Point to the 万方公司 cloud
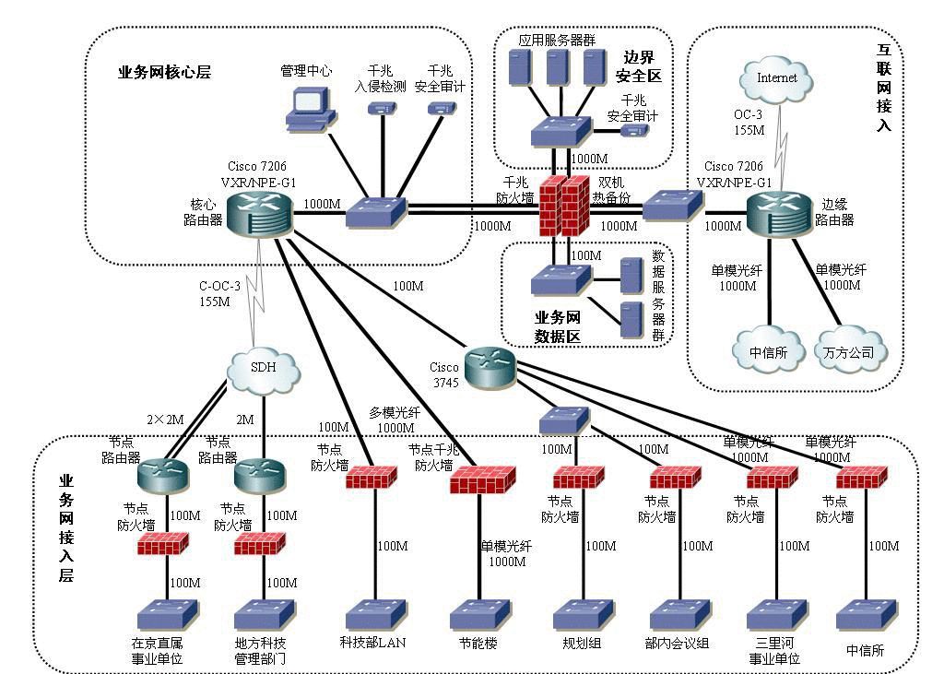(x=849, y=351)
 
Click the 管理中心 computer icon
(x=305, y=106)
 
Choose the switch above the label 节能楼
(x=478, y=615)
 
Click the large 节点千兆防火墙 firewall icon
(x=480, y=479)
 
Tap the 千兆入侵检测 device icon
(x=380, y=109)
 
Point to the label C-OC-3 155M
(x=219, y=293)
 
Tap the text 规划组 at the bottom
(x=582, y=643)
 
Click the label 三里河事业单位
(x=773, y=651)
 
